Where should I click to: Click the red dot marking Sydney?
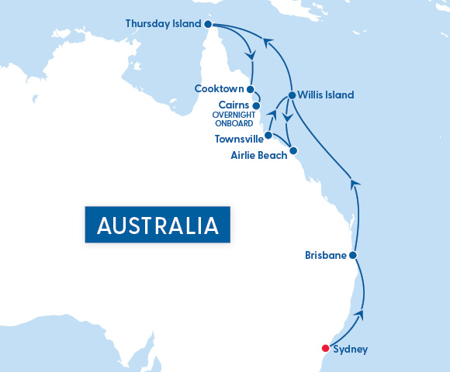[x=326, y=348]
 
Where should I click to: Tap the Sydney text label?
[x=350, y=350]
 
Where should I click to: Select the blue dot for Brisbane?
[x=353, y=255]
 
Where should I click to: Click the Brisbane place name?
[x=325, y=255]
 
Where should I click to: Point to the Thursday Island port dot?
[x=208, y=24]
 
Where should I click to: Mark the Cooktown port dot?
[x=250, y=89]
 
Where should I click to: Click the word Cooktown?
[x=220, y=89]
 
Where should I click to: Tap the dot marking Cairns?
[x=256, y=105]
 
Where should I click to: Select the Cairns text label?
[x=234, y=105]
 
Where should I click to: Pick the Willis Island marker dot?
[x=291, y=95]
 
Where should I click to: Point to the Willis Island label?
[x=326, y=95]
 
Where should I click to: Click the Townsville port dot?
[x=268, y=136]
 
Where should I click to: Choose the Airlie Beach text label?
[x=258, y=155]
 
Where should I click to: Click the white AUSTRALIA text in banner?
[x=157, y=226]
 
